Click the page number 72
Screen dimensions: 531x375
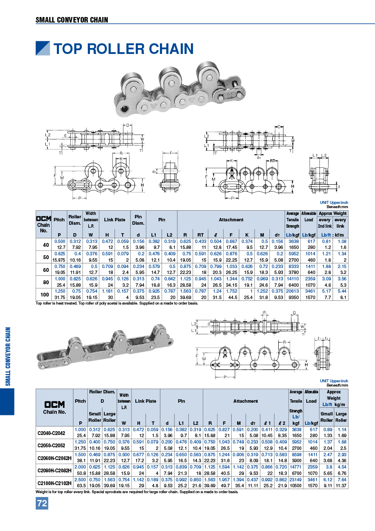click(42, 504)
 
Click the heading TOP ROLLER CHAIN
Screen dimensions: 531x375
click(123, 49)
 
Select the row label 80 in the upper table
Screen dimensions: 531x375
click(44, 279)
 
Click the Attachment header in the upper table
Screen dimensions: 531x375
click(231, 220)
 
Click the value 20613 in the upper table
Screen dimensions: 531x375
click(292, 291)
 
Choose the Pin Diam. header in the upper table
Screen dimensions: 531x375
click(138, 220)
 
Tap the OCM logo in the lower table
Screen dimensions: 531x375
click(54, 405)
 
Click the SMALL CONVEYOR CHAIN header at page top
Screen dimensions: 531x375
click(72, 20)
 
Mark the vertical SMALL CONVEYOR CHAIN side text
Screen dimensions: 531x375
click(7, 356)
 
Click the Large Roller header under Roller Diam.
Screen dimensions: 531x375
click(109, 417)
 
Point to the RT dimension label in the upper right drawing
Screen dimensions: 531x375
click(273, 161)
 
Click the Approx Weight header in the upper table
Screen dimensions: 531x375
click(333, 213)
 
